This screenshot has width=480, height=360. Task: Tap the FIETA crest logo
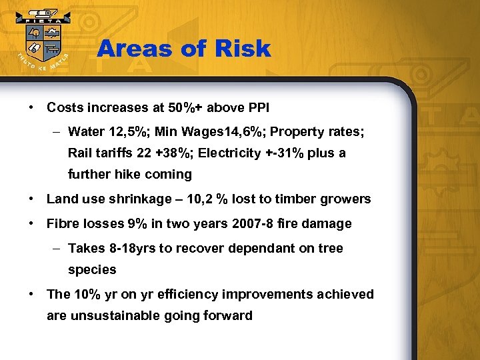click(x=41, y=42)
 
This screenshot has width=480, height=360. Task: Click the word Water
click(x=85, y=132)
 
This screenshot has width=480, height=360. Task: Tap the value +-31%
click(x=289, y=153)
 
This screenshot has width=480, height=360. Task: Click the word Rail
click(x=80, y=153)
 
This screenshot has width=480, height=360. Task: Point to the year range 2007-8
click(x=244, y=224)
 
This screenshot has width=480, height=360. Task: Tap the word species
click(x=92, y=270)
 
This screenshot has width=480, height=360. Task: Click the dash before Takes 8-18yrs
click(x=57, y=249)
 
